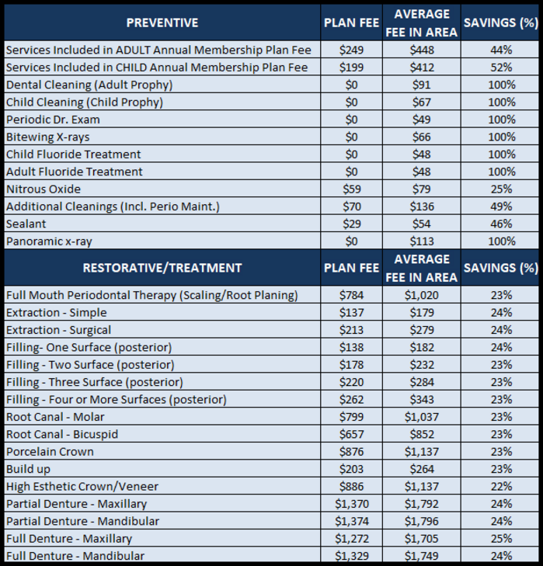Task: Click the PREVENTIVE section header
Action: [x=162, y=23]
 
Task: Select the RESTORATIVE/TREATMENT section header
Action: [x=162, y=268]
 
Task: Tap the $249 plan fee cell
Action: [x=351, y=50]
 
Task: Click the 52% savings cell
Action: [x=501, y=68]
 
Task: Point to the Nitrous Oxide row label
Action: [x=44, y=189]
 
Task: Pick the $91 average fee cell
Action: [x=422, y=85]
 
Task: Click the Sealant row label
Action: [x=26, y=224]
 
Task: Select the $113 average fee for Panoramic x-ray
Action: [x=422, y=241]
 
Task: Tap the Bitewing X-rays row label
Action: [x=47, y=137]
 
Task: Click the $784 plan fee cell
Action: [x=351, y=295]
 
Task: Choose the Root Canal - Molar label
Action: [x=55, y=417]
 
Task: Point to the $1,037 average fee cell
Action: [x=422, y=417]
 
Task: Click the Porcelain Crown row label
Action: [x=50, y=452]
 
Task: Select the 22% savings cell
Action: [x=501, y=486]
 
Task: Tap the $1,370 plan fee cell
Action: [x=352, y=504]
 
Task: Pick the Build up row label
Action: [x=28, y=469]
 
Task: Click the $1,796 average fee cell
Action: [x=422, y=521]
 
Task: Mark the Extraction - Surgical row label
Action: [x=58, y=330]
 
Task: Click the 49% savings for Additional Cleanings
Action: [x=501, y=207]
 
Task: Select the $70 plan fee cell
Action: [x=352, y=207]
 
